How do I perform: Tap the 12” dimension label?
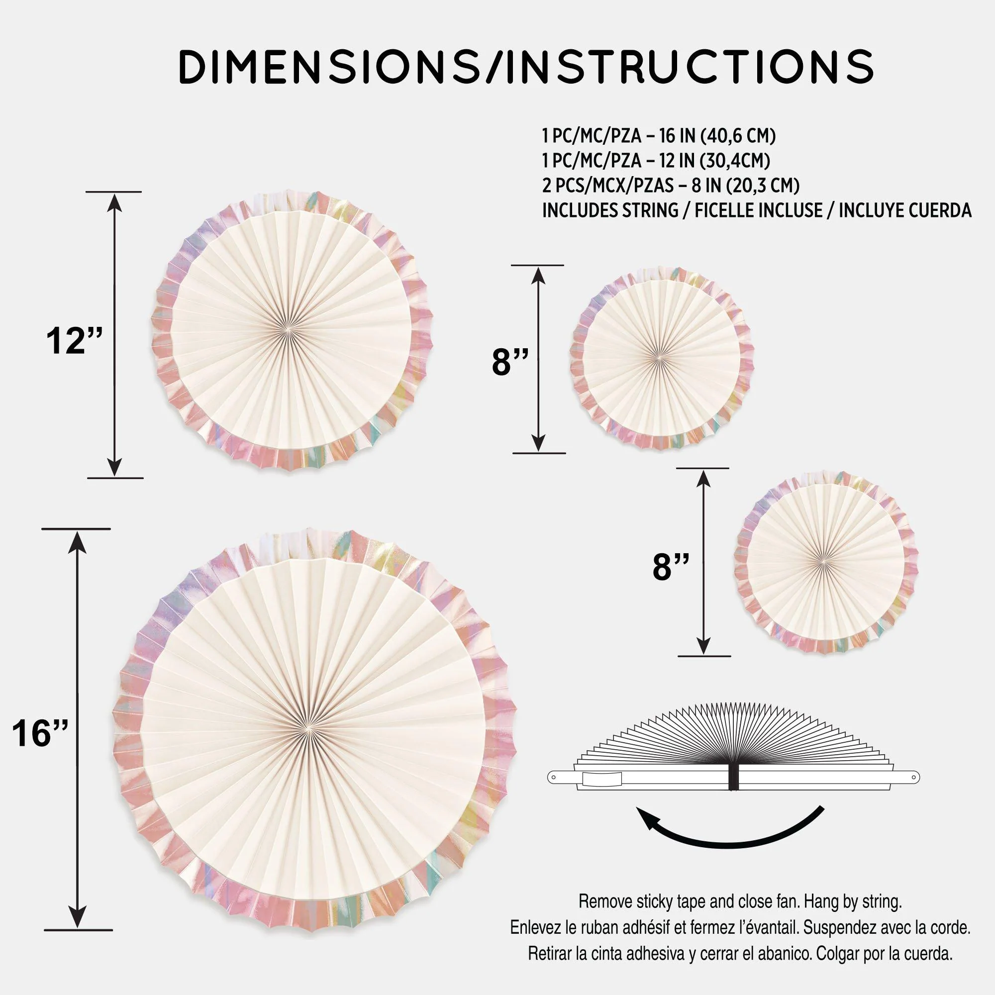74,340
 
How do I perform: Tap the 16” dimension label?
40,733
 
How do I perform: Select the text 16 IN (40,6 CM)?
717,136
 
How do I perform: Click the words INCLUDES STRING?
610,210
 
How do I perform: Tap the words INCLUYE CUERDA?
905,210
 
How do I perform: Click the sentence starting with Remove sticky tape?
741,901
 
